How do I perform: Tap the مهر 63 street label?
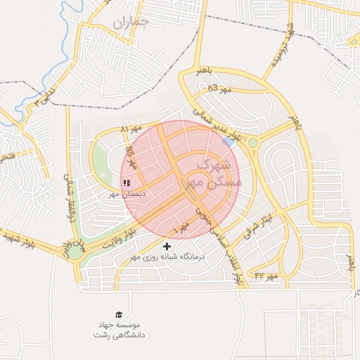click(220, 89)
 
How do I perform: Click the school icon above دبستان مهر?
click(127, 182)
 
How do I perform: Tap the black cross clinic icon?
click(167, 246)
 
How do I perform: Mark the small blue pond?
click(229, 141)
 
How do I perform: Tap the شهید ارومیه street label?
click(279, 46)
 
